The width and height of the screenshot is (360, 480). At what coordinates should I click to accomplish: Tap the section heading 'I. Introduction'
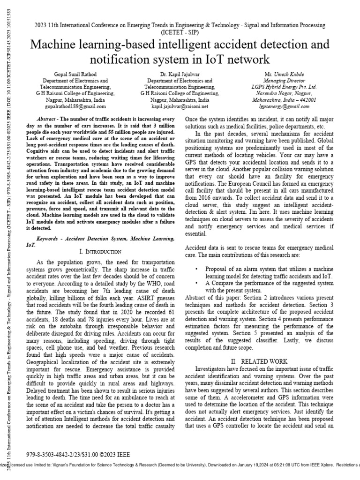(x=100, y=252)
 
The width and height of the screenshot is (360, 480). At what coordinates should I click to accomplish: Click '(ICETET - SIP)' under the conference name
(x=180, y=33)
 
